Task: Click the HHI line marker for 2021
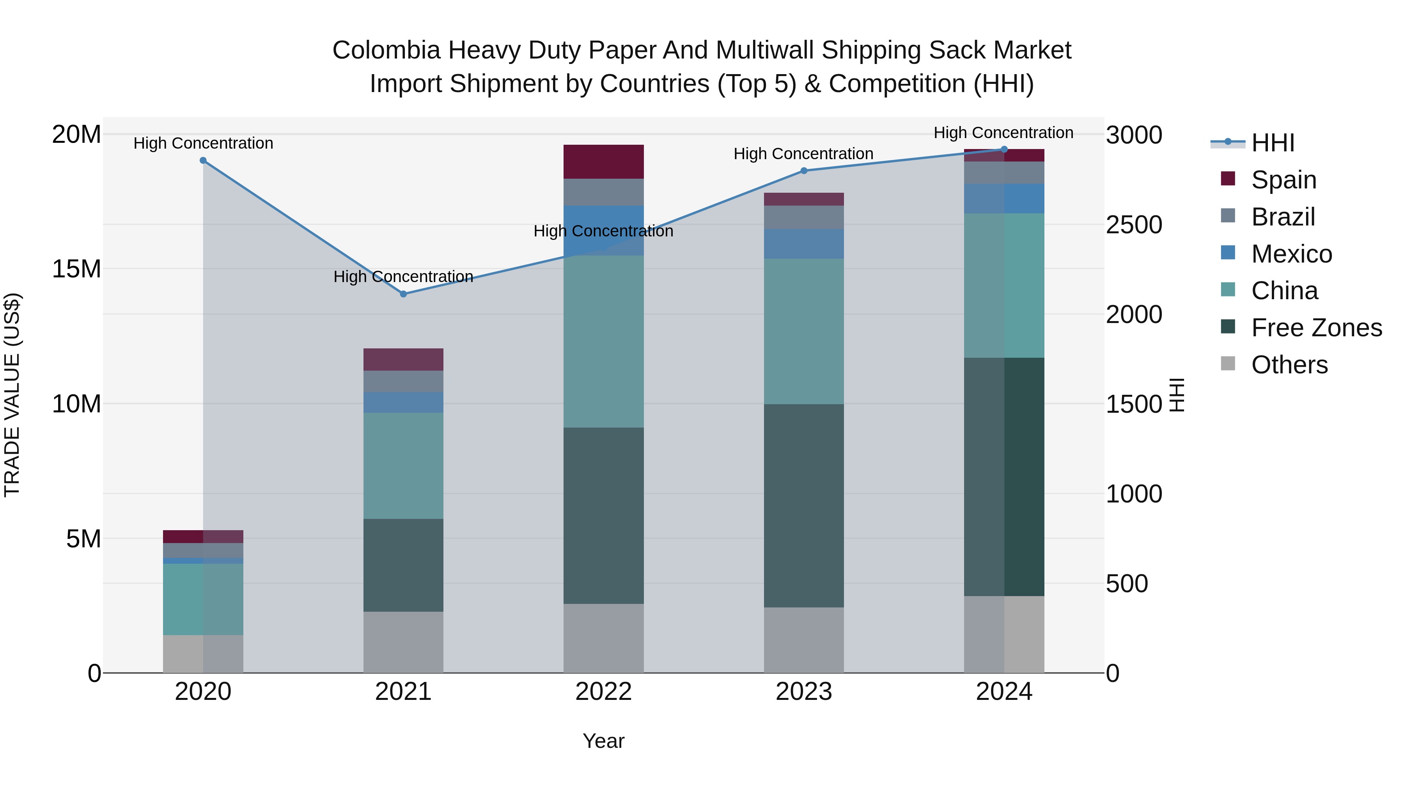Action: pyautogui.click(x=403, y=294)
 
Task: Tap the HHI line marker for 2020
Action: pyautogui.click(x=203, y=160)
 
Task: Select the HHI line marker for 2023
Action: pyautogui.click(x=804, y=170)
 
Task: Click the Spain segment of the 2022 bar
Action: pyautogui.click(x=603, y=162)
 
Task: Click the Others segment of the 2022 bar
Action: pyautogui.click(x=603, y=638)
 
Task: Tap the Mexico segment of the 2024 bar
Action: pyautogui.click(x=1004, y=199)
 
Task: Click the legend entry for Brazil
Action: pyautogui.click(x=1283, y=217)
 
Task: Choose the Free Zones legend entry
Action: pyautogui.click(x=1316, y=328)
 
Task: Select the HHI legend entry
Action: pyautogui.click(x=1273, y=143)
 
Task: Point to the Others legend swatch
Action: pyautogui.click(x=1228, y=363)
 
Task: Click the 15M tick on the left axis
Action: pyautogui.click(x=76, y=269)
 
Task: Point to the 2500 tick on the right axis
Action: pyautogui.click(x=1134, y=225)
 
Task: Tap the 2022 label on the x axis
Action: pyautogui.click(x=603, y=692)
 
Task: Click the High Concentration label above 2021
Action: pyautogui.click(x=403, y=277)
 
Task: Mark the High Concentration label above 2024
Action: pyautogui.click(x=1003, y=133)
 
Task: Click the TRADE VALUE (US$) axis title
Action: pyautogui.click(x=12, y=395)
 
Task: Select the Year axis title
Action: pyautogui.click(x=603, y=741)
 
